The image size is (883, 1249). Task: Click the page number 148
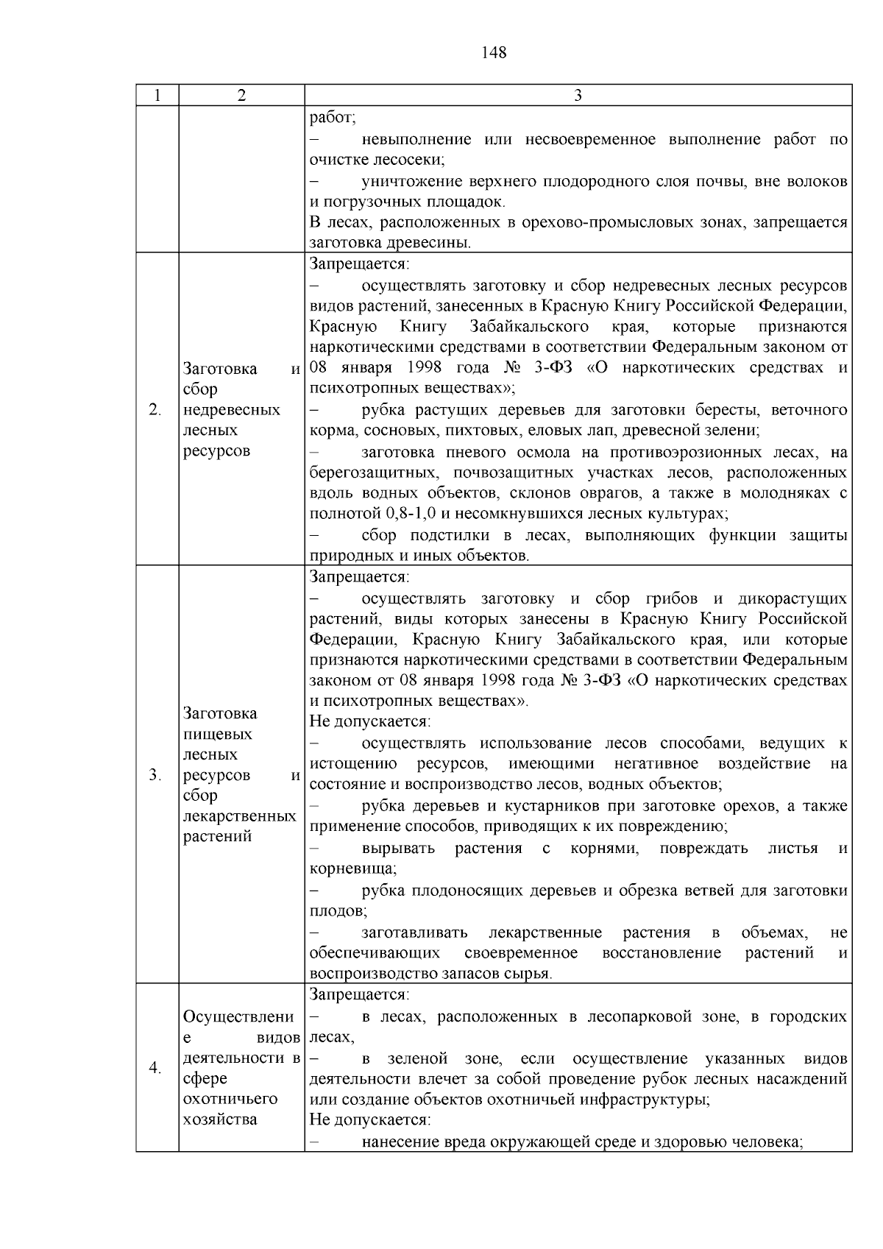[x=494, y=53]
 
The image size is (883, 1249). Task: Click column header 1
[x=157, y=96]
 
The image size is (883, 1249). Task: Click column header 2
[x=241, y=96]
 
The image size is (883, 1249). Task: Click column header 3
[x=578, y=96]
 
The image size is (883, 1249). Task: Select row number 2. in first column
[x=155, y=410]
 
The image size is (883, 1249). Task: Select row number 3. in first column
[x=155, y=774]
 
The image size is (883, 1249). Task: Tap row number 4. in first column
[x=155, y=1067]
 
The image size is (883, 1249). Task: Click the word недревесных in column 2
[x=232, y=410]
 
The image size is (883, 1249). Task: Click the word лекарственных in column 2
[x=239, y=816]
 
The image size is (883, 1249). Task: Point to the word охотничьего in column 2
[x=230, y=1099]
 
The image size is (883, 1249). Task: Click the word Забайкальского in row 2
[x=528, y=327]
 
